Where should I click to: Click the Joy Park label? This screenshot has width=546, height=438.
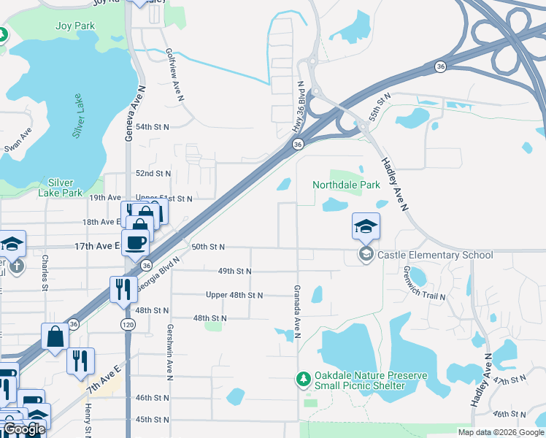[x=75, y=26]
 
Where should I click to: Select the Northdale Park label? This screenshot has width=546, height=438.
[x=347, y=185]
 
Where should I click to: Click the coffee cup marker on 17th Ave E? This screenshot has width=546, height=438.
[x=135, y=242]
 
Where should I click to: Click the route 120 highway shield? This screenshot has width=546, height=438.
[x=127, y=323]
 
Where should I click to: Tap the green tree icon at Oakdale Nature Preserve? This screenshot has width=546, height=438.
[x=303, y=379]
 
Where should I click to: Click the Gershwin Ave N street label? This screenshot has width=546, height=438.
[x=169, y=353]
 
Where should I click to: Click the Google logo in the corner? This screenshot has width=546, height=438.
[x=24, y=429]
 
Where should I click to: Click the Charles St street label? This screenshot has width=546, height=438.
[x=45, y=272]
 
